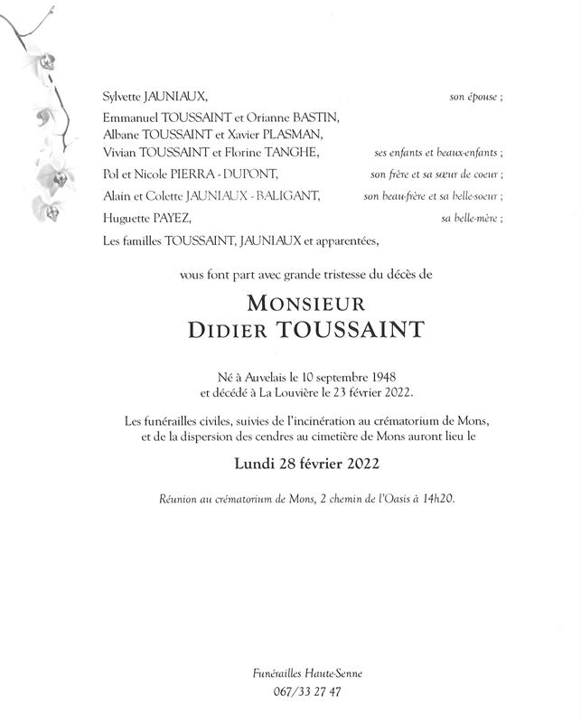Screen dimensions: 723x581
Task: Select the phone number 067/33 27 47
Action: [x=289, y=693]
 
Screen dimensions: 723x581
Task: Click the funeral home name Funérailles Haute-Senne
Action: [x=289, y=673]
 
